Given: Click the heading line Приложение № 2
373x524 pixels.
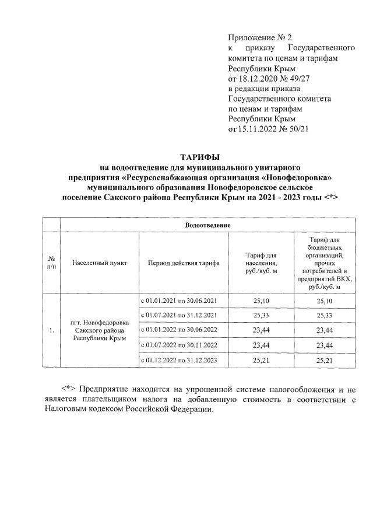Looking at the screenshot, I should click(x=259, y=38).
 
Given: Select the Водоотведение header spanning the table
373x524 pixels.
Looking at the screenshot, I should click(x=208, y=225).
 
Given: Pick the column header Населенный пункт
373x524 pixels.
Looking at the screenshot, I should click(x=100, y=263).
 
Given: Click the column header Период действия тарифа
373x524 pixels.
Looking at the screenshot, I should click(x=184, y=263).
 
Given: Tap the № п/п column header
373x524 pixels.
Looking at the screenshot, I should click(x=52, y=263).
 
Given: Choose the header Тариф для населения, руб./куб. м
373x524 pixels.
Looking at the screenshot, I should click(x=261, y=263).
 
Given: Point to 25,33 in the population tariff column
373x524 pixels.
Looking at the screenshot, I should click(x=261, y=316).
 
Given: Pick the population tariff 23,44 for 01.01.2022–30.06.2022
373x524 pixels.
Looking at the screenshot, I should click(x=261, y=331).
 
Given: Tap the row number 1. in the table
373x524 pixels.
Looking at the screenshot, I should click(x=52, y=331).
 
